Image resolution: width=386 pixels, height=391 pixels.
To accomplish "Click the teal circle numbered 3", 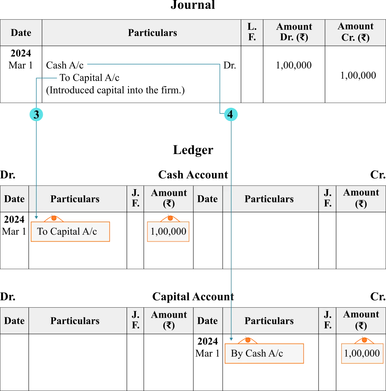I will [36, 115].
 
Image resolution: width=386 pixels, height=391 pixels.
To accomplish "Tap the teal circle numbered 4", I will [230, 115].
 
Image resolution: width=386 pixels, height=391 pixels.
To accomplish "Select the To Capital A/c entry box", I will [70, 232].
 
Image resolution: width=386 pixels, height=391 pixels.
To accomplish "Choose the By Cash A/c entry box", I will [264, 354].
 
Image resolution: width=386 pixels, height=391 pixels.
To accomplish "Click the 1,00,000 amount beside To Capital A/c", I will [168, 232].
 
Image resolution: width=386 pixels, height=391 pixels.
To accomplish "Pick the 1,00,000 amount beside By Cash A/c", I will [362, 354].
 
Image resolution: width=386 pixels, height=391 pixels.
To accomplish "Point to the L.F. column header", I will [252, 32].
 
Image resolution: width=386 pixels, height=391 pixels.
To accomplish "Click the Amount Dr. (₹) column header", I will [294, 32].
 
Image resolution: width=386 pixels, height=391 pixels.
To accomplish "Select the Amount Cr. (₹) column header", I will [355, 32].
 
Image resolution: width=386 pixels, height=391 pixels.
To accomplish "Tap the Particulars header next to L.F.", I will [152, 33].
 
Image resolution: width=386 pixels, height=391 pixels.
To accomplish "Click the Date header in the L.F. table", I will [21, 33].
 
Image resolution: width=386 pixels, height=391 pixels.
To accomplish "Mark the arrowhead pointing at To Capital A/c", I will [37, 217].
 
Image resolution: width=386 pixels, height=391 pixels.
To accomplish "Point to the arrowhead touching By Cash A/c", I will [231, 339].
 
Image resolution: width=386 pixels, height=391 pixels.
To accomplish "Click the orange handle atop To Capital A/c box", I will [54, 218].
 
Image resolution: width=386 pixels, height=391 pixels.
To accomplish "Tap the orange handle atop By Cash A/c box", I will [248, 340].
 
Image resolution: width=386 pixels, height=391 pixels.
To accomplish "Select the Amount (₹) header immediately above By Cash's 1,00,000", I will [361, 320].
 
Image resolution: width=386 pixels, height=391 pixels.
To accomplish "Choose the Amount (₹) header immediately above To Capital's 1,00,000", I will [169, 199].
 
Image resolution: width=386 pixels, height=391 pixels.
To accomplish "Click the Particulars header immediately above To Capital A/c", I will [75, 199].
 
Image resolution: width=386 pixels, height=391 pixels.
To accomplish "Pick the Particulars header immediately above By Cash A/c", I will [269, 321].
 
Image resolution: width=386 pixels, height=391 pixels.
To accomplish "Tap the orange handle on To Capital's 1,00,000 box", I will [170, 218].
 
